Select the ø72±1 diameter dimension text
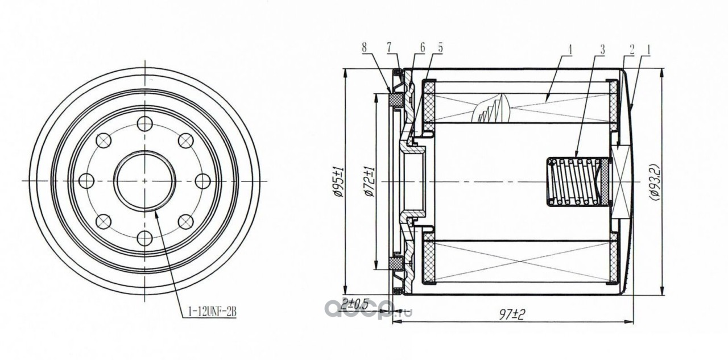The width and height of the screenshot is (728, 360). point(370,181)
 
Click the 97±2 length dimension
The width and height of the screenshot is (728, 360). point(513,314)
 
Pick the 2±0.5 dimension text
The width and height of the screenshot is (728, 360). point(355,304)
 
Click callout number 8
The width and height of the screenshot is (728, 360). point(365,48)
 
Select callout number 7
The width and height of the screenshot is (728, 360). point(389,48)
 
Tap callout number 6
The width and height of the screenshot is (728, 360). point(422,47)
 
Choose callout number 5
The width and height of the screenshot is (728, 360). point(440,47)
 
